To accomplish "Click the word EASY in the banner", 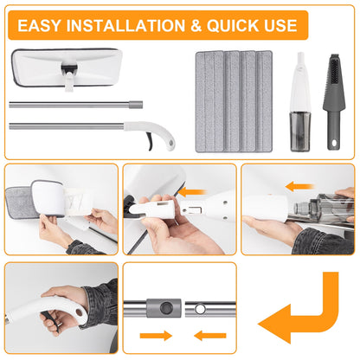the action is click(x=39, y=25).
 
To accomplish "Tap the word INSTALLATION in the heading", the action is click(x=125, y=25).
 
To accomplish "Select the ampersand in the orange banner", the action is click(x=196, y=26).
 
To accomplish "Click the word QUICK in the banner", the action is click(x=233, y=26).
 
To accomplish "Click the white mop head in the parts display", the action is click(x=67, y=67).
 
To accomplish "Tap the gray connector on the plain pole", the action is click(x=136, y=105).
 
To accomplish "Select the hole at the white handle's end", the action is click(x=171, y=143).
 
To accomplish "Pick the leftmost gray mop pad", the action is click(x=209, y=101).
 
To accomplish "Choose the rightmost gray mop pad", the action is click(x=264, y=101).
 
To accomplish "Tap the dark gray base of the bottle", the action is click(x=300, y=132).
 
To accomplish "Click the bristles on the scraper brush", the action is click(x=334, y=67).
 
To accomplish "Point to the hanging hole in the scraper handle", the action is click(x=334, y=143).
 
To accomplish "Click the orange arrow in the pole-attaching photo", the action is click(x=193, y=192).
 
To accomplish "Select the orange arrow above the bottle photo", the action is click(x=299, y=186).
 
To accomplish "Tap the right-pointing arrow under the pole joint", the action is click(x=156, y=336).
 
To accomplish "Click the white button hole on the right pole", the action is click(x=200, y=309).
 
